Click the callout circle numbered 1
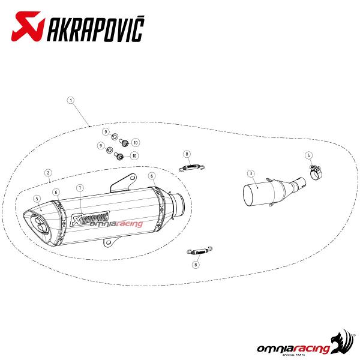point(71,100)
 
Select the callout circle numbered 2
point(48,173)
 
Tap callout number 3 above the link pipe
point(251,173)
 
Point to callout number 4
point(309,155)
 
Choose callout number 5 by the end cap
point(37,199)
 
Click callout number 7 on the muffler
point(80,188)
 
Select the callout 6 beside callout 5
point(56,192)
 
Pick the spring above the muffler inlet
point(191,167)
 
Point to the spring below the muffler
point(199,251)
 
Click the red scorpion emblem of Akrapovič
point(28,26)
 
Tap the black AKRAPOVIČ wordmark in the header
point(95,29)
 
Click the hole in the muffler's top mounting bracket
point(133,178)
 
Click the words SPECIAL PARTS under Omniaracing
point(293,355)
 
